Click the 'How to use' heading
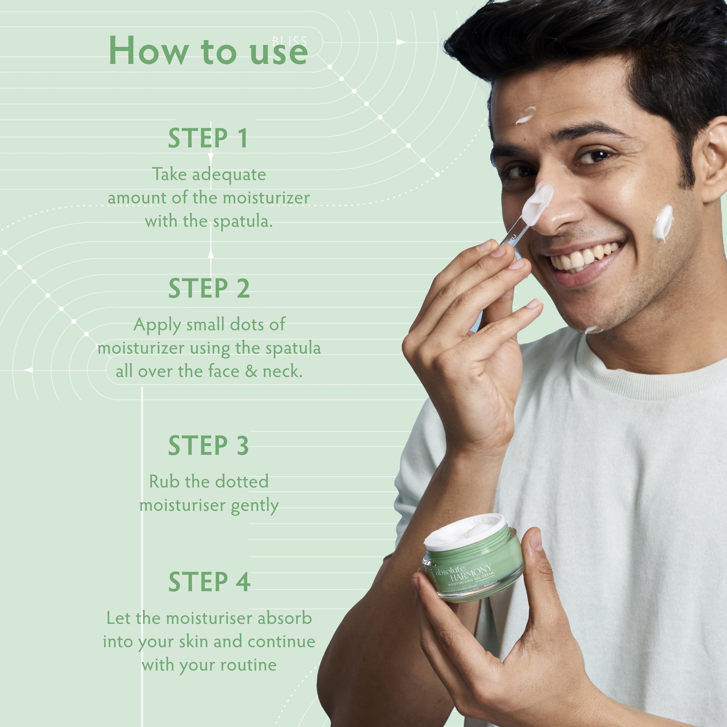pos(208,51)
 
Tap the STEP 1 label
pos(208,138)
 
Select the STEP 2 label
pos(209,288)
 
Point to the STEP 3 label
pos(208,445)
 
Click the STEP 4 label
pos(209,582)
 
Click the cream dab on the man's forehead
pos(525,115)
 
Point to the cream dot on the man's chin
pos(593,330)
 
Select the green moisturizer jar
pos(473,561)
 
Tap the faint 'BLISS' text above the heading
pos(290,41)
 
